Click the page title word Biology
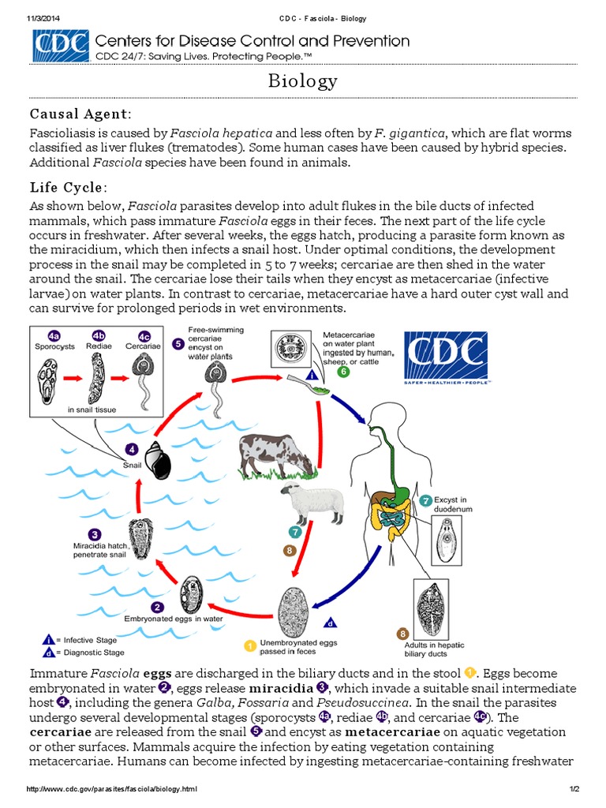(303, 81)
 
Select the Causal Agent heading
(81, 115)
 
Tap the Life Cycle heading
(69, 187)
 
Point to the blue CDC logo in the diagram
(446, 357)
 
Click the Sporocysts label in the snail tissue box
(54, 345)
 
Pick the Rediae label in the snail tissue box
(99, 345)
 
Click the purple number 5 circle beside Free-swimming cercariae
(178, 344)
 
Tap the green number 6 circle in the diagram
(343, 371)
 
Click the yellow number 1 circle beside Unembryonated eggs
(250, 646)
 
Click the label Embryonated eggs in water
(174, 619)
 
